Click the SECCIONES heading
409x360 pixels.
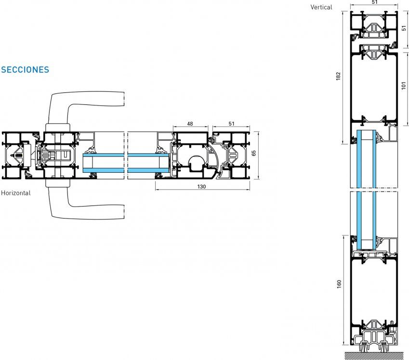(x=25, y=70)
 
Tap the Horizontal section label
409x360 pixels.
(x=15, y=193)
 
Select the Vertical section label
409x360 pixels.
(x=321, y=7)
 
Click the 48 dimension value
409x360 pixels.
(x=190, y=124)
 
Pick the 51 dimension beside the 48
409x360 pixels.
(x=231, y=124)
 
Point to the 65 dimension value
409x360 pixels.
(x=254, y=154)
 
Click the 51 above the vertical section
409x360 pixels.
(x=374, y=2)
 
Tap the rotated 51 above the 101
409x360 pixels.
(x=404, y=27)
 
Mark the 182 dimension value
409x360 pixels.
(x=338, y=76)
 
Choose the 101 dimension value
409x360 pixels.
(x=404, y=85)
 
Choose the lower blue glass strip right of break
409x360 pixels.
(x=148, y=171)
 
